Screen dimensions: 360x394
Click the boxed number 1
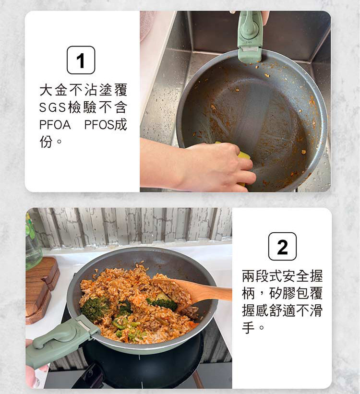[81, 60]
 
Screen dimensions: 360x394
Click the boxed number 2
[282, 247]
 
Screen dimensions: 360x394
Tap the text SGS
[52, 107]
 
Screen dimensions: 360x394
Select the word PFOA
[55, 125]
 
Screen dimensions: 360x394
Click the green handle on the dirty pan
[251, 36]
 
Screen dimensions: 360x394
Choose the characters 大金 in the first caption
[53, 90]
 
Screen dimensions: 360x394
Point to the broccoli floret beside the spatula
[163, 302]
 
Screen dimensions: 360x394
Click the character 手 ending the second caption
[248, 327]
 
